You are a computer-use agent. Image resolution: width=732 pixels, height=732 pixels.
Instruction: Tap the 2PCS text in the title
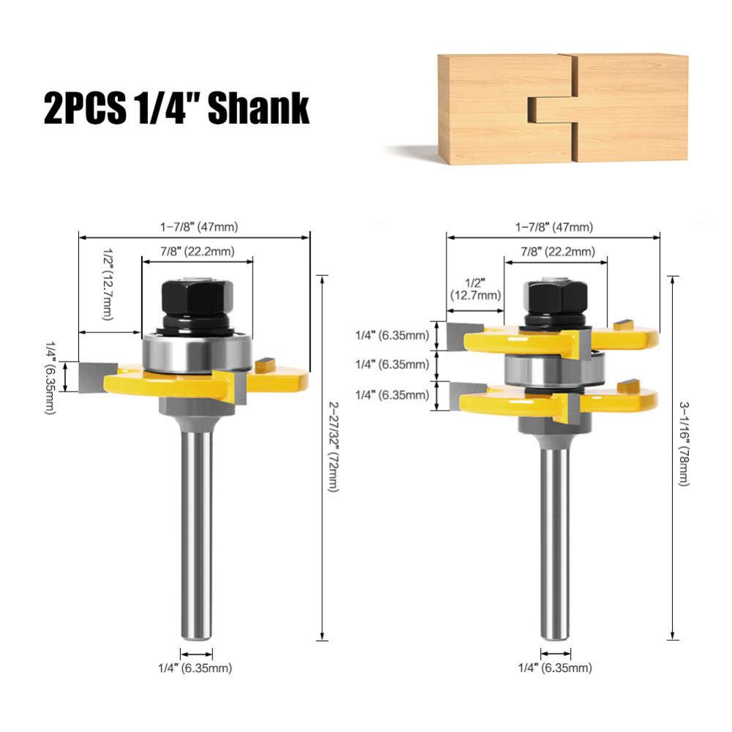pyautogui.click(x=84, y=108)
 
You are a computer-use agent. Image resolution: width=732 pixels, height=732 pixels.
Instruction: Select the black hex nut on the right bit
pyautogui.click(x=556, y=296)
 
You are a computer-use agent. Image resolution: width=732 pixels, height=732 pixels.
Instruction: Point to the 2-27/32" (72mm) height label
pyautogui.click(x=333, y=446)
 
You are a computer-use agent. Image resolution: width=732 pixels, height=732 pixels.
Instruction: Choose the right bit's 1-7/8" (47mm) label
pyautogui.click(x=554, y=227)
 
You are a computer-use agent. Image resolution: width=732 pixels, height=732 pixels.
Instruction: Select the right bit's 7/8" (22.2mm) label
pyautogui.click(x=554, y=251)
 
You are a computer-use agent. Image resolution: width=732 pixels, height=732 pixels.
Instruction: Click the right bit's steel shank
pyautogui.click(x=555, y=542)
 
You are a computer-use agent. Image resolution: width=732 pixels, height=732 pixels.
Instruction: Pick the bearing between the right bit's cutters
pyautogui.click(x=555, y=369)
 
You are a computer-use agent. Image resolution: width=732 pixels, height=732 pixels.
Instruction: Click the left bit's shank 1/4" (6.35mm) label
pyautogui.click(x=196, y=668)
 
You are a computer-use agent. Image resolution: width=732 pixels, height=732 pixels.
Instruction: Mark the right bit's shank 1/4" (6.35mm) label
pyautogui.click(x=555, y=668)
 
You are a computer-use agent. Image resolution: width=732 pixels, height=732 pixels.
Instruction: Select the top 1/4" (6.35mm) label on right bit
pyautogui.click(x=392, y=335)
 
